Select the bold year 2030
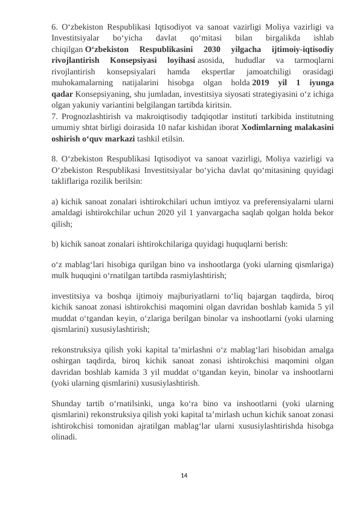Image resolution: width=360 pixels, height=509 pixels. click(213, 49)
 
